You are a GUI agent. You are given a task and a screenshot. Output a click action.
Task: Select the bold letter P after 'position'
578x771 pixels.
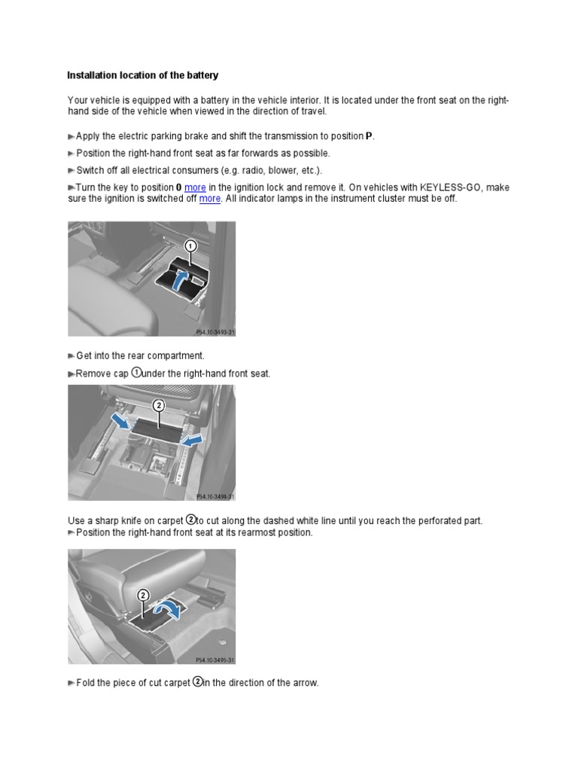tap(369, 136)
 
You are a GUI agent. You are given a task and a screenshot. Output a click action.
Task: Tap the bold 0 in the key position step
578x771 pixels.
tap(178, 187)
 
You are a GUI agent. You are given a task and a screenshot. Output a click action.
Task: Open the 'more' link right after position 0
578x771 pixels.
tap(195, 187)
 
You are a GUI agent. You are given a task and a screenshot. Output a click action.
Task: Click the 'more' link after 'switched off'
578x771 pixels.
tap(210, 199)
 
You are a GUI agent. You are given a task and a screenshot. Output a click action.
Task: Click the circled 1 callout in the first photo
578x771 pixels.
tap(191, 246)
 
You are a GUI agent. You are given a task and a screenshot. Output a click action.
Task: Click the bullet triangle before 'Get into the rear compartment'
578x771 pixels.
tap(71, 356)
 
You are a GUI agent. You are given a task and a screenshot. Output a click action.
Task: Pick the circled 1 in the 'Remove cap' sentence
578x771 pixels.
tap(136, 372)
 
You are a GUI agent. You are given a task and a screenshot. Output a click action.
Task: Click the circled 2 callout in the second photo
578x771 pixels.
tap(159, 405)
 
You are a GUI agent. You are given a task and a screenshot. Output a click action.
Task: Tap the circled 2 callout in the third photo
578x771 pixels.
tap(142, 596)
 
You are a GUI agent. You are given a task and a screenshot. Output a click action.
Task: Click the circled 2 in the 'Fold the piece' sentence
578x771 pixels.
tap(198, 682)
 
